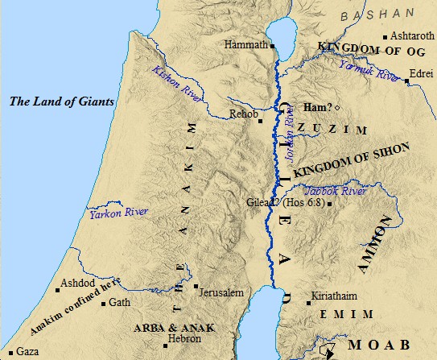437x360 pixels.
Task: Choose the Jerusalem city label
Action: click(222, 292)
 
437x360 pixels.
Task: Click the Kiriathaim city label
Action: click(339, 296)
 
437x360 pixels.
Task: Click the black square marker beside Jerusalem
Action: click(196, 286)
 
